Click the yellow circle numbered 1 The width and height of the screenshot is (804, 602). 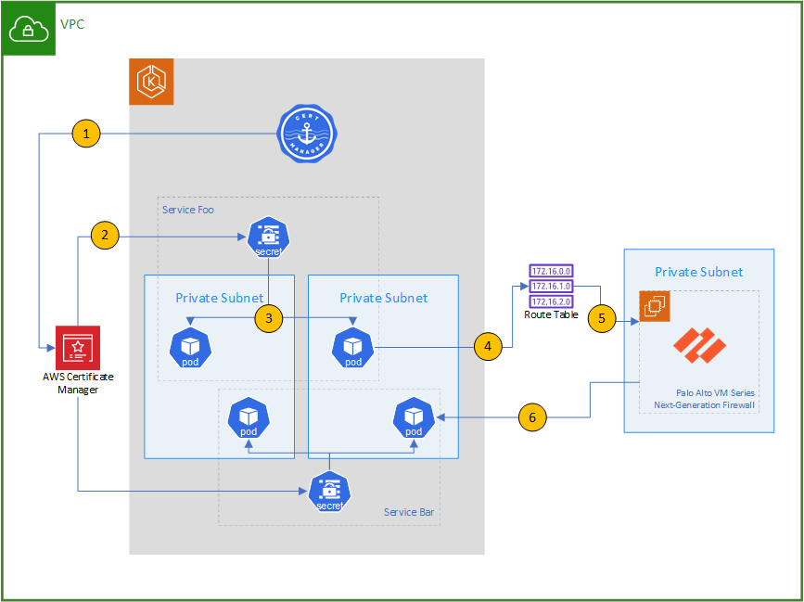tap(86, 134)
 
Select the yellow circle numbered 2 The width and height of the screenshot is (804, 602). tap(105, 235)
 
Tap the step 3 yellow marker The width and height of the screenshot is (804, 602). tap(268, 318)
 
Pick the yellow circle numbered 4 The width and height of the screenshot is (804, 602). tap(489, 346)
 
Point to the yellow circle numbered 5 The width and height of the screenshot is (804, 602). tap(602, 317)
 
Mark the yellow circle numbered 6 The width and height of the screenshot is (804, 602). tap(532, 417)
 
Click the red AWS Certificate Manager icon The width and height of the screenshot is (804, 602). tap(78, 348)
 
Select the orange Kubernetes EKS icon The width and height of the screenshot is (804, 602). tap(151, 82)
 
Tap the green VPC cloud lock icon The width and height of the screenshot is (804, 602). tap(29, 29)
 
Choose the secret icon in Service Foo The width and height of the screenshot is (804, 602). tap(269, 237)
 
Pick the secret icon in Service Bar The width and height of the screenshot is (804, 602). tap(329, 491)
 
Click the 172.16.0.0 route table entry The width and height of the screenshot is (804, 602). tap(551, 271)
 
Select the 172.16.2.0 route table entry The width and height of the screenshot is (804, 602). tap(551, 301)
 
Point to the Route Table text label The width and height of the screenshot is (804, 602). tap(551, 315)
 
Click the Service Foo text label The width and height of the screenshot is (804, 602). tap(187, 209)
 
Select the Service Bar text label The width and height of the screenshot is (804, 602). tap(408, 512)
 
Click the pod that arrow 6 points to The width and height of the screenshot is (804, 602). tap(414, 419)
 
